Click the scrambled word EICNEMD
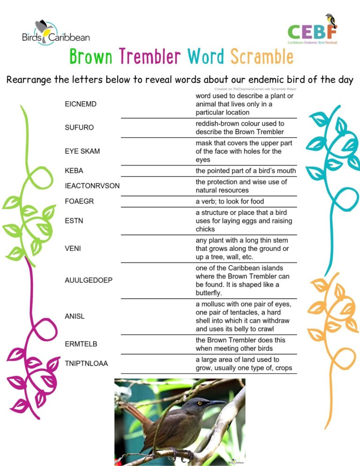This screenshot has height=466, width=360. pyautogui.click(x=81, y=104)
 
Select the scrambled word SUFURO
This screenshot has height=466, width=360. pyautogui.click(x=79, y=128)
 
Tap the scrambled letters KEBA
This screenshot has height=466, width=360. pyautogui.click(x=74, y=171)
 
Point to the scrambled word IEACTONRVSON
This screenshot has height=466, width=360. pyautogui.click(x=92, y=186)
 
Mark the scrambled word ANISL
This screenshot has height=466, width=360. pyautogui.click(x=75, y=316)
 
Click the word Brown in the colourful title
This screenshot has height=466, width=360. pyautogui.click(x=91, y=57)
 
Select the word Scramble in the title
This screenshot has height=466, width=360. pyautogui.click(x=262, y=57)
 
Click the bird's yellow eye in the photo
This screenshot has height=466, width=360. pyautogui.click(x=200, y=403)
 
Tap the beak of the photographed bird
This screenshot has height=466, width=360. pyautogui.click(x=217, y=402)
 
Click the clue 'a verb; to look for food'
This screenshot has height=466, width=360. pyautogui.click(x=230, y=202)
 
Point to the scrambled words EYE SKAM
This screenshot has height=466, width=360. pyautogui.click(x=82, y=151)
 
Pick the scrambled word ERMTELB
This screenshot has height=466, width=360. pyautogui.click(x=81, y=344)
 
